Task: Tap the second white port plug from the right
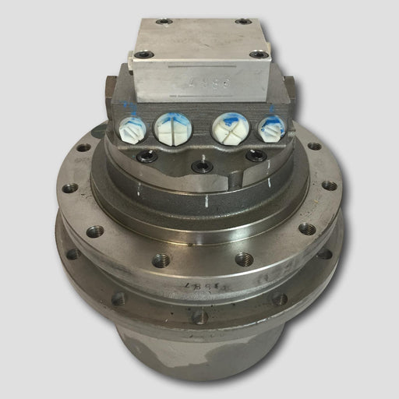click(x=231, y=127)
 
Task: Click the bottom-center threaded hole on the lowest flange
click(x=200, y=317)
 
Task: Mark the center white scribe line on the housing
click(x=205, y=200)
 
